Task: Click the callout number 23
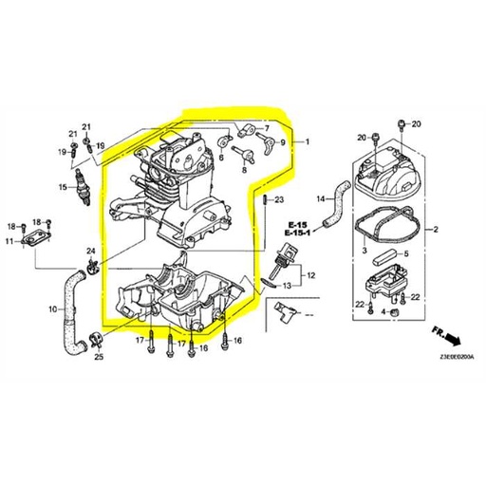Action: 279,200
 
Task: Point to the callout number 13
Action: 285,284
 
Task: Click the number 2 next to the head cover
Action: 436,230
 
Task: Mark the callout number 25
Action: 100,358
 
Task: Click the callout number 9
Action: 282,142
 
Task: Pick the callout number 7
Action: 267,127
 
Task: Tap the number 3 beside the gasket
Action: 364,251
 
